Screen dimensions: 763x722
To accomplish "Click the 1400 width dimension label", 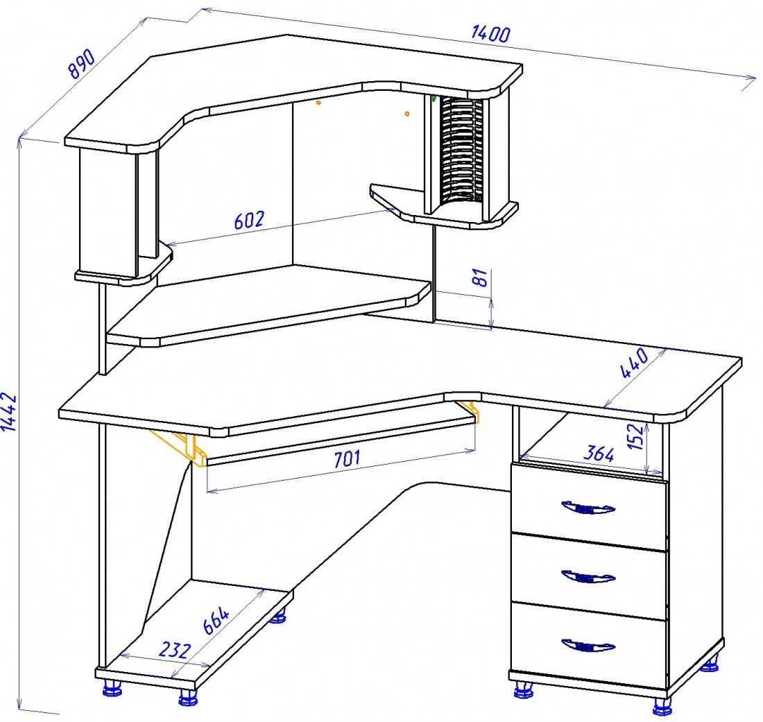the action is click(x=490, y=33).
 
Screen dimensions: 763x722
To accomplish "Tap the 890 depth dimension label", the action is click(x=81, y=64).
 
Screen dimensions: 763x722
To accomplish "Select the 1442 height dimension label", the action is click(x=10, y=412).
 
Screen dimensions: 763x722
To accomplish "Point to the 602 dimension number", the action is click(x=249, y=220).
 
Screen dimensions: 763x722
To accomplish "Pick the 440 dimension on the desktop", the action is click(x=635, y=363).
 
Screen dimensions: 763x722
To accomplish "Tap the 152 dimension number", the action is click(x=635, y=436).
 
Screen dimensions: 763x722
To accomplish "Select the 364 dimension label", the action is click(x=599, y=454).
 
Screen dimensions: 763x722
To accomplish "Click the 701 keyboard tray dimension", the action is click(x=347, y=458).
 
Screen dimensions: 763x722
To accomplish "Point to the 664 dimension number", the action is click(x=216, y=621).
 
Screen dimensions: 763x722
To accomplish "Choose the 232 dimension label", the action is click(x=175, y=649).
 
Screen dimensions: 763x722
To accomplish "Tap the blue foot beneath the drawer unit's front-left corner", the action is click(x=523, y=689).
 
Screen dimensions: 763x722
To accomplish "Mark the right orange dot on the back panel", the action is click(x=407, y=114).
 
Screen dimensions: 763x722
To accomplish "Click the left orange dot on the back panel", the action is click(x=319, y=103).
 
